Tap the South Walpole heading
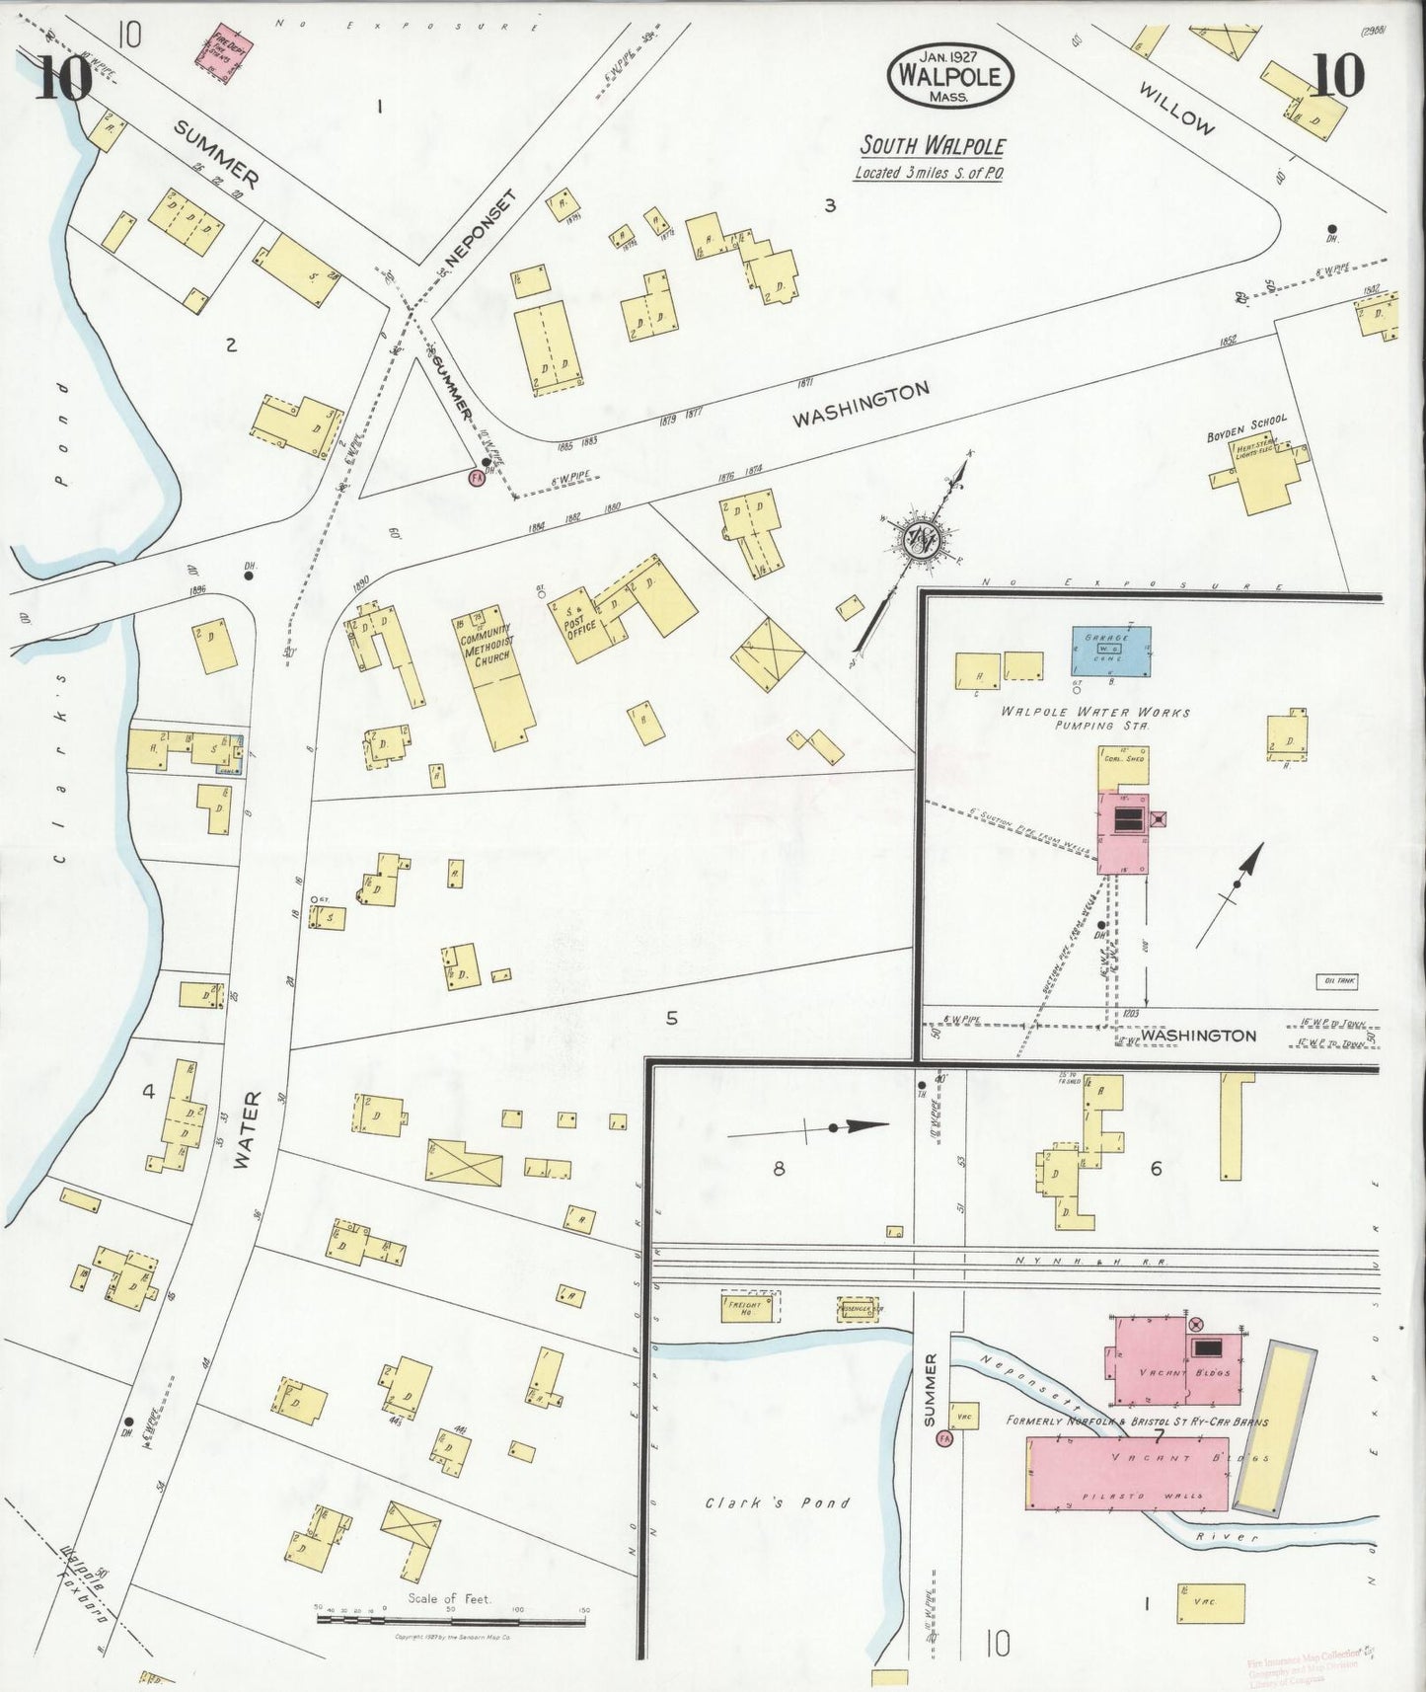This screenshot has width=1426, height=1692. pos(933,147)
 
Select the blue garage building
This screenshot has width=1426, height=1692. pos(1111,651)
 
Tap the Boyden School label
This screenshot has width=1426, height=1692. pos(1246,429)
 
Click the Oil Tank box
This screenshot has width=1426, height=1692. pos(1337,981)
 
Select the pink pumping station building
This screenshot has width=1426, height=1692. pos(1123,828)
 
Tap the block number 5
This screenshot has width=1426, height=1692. pos(671,1018)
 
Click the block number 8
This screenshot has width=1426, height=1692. pos(779,1169)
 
